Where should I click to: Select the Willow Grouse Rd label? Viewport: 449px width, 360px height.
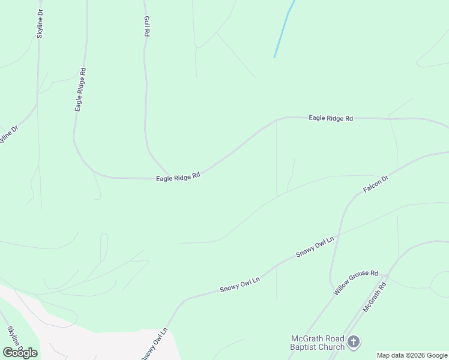click(356, 281)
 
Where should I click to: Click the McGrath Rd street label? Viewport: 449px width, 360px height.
click(375, 298)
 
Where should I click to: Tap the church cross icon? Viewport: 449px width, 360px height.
click(354, 342)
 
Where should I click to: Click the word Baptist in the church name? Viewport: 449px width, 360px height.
click(306, 347)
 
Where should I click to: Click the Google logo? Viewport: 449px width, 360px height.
click(20, 352)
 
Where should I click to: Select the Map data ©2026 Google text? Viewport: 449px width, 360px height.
click(412, 355)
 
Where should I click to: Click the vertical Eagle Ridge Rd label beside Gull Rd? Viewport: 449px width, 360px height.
click(80, 89)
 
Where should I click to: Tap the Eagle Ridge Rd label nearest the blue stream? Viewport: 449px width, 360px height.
click(331, 118)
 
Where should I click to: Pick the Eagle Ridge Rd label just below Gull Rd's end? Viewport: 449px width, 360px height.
click(178, 177)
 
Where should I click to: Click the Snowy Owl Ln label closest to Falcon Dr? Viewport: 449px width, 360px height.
click(315, 247)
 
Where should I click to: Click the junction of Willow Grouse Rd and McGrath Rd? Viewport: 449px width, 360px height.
click(387, 277)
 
